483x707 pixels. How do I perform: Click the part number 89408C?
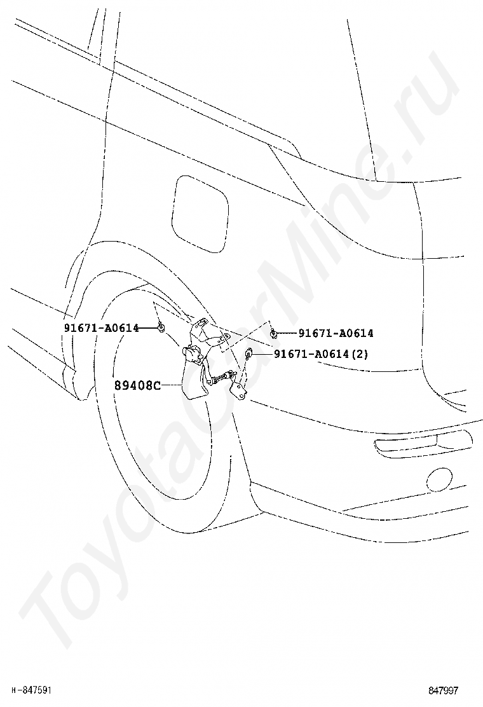tap(137, 385)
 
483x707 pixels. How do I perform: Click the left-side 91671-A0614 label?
tap(101, 327)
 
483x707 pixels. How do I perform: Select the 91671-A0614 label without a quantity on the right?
tap(336, 333)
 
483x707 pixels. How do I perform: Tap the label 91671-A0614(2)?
tap(321, 354)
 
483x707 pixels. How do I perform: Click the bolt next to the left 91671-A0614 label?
tap(161, 328)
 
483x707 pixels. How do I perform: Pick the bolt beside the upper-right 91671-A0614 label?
tap(273, 333)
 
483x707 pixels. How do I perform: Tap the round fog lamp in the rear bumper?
tap(439, 479)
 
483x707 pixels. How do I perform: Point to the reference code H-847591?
tap(32, 690)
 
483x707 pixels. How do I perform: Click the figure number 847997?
tap(444, 690)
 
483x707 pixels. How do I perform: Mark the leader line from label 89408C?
tap(170, 385)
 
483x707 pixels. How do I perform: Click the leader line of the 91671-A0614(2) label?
tap(264, 354)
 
